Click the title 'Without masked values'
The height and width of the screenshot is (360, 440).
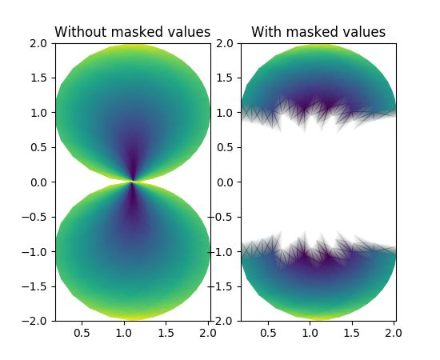click(x=132, y=32)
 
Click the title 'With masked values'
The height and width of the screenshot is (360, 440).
click(x=318, y=32)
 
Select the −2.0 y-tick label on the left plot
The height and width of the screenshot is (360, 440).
click(x=38, y=321)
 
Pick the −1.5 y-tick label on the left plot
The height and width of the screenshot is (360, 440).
click(x=38, y=286)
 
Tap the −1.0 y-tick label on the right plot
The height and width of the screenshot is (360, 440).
click(x=224, y=251)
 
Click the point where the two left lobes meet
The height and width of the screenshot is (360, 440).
click(x=133, y=182)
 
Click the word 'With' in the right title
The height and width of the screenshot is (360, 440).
click(x=266, y=32)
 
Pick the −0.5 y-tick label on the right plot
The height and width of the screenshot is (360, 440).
click(x=224, y=217)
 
